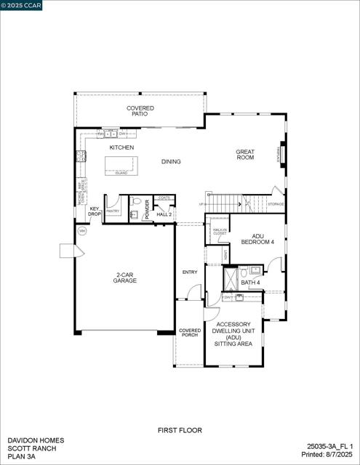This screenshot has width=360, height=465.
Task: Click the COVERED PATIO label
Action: [x=140, y=112]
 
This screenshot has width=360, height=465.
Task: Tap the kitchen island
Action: [x=121, y=166]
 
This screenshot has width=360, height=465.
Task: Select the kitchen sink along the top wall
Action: [x=111, y=134]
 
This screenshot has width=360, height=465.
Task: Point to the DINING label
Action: [x=171, y=162]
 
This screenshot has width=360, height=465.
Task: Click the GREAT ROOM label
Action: [x=245, y=155]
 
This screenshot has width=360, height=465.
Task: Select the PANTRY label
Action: [x=113, y=211]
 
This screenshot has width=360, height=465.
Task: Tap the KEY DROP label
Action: [x=95, y=211]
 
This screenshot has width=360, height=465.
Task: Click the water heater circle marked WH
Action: [x=82, y=231]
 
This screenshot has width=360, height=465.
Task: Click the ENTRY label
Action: [x=190, y=272]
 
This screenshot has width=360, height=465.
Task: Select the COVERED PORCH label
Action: [x=190, y=333]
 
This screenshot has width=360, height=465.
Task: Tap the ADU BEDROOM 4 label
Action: [x=263, y=239]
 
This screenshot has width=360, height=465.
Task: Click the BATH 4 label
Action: [x=250, y=283]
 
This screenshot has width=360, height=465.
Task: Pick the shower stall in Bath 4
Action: [x=230, y=278]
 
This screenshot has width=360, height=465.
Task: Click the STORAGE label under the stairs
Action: [x=276, y=204]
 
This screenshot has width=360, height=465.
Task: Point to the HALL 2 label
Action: [x=164, y=214]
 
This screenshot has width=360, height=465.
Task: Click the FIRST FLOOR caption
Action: [x=180, y=431]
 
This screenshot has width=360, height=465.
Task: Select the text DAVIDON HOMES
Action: [x=36, y=440]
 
